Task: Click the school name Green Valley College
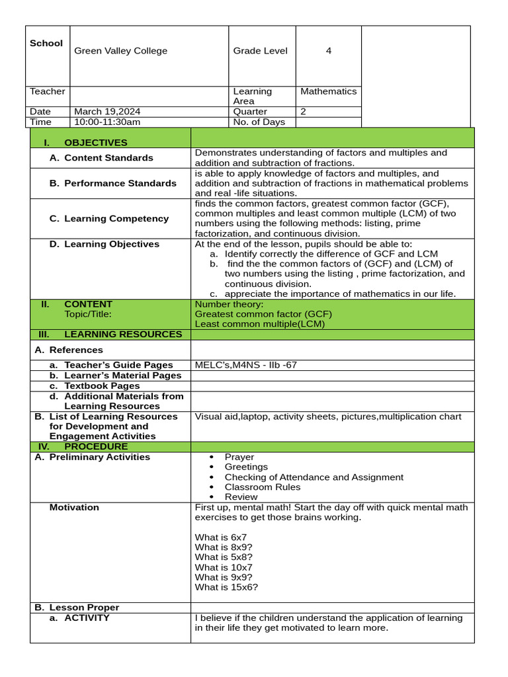[120, 51]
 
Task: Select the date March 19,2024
[107, 112]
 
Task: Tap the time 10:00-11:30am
[107, 122]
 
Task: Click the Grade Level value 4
[329, 51]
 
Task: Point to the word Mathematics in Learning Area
[328, 91]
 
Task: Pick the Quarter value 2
[304, 112]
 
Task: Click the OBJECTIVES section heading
[95, 142]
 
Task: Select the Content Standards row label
[108, 158]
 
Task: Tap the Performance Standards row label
[120, 183]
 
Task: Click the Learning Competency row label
[116, 218]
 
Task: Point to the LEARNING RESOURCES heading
[122, 334]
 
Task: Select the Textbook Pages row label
[102, 385]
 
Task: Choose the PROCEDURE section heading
[95, 446]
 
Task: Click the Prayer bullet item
[239, 457]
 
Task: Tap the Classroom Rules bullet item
[262, 487]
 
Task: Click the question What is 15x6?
[226, 586]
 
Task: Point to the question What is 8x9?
[224, 547]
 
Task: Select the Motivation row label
[74, 507]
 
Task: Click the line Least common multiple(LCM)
[260, 324]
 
